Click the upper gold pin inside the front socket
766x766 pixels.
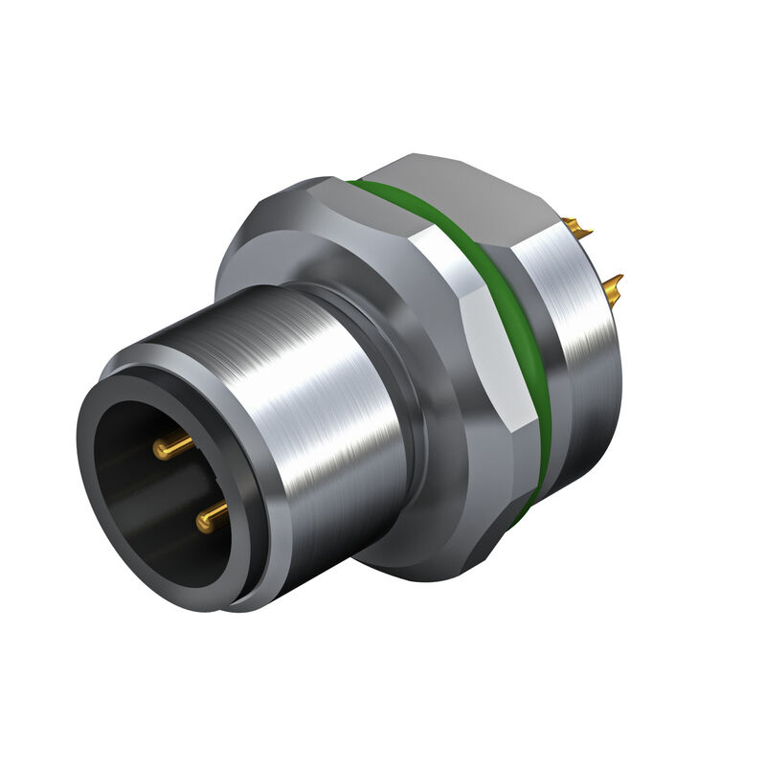point(172,444)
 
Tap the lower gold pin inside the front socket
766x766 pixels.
point(213,518)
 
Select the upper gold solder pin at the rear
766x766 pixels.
point(576,229)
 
